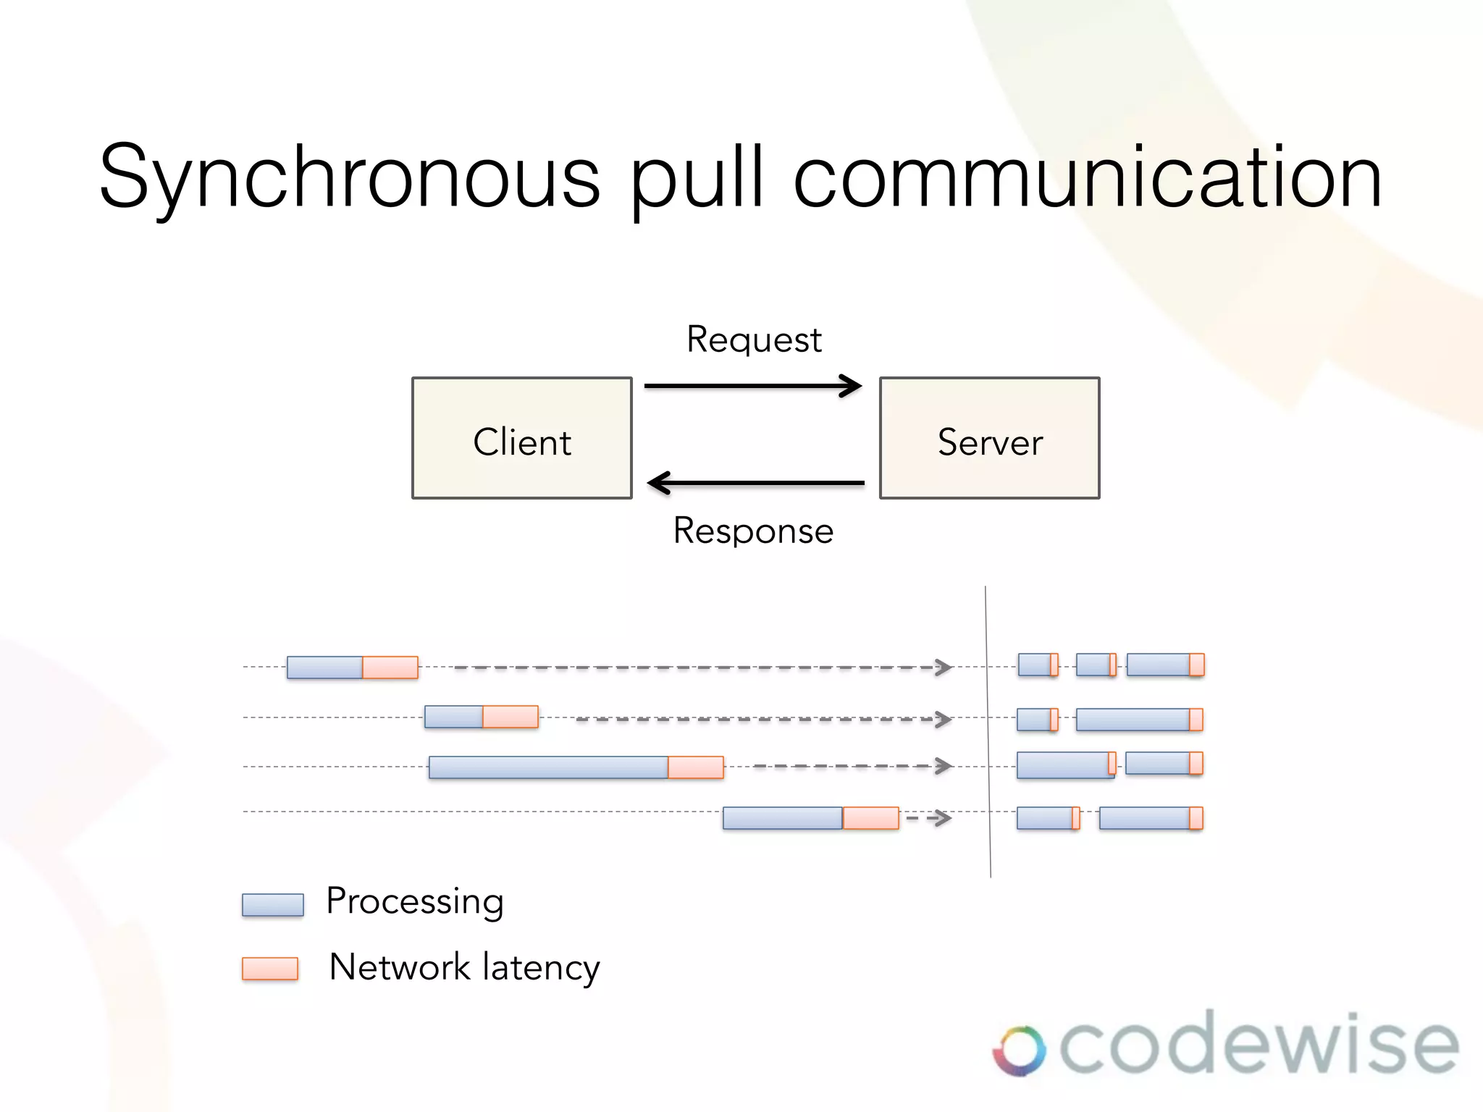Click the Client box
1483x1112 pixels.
tap(521, 438)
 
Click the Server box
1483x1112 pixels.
tap(989, 438)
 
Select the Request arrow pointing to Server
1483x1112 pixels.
tap(753, 386)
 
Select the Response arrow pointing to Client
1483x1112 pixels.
tap(756, 482)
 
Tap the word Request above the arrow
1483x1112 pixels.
tap(754, 340)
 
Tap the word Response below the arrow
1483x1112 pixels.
tap(753, 531)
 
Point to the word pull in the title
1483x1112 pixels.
tap(697, 177)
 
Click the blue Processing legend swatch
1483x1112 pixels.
tap(272, 905)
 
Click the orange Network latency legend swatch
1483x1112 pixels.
tap(270, 968)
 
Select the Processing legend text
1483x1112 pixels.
tap(414, 902)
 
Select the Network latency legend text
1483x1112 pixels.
tap(464, 967)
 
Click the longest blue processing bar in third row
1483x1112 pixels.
tap(548, 767)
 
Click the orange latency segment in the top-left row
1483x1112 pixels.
tap(390, 667)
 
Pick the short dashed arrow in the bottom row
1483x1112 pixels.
tap(929, 818)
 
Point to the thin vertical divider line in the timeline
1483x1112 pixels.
tap(988, 731)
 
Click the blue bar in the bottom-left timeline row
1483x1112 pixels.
tap(782, 818)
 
